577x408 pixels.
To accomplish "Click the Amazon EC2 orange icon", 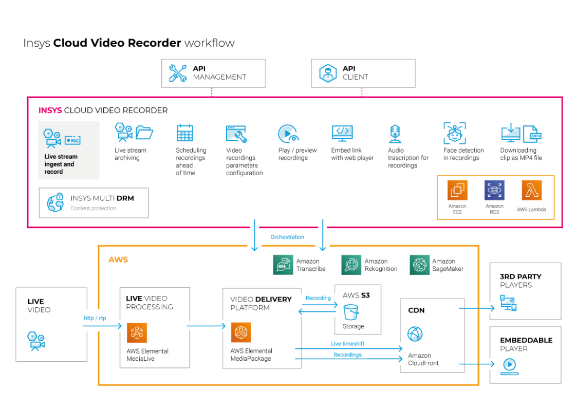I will click(457, 190).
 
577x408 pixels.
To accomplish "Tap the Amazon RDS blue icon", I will click(494, 190).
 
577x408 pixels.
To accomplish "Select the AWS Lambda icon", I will click(532, 190).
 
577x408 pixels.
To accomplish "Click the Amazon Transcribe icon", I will click(283, 265).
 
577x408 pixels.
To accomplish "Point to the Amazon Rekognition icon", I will click(351, 265).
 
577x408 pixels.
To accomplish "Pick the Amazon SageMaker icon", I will click(419, 265).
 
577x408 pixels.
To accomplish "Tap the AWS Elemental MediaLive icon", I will click(137, 333).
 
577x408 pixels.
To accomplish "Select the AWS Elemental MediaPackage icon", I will click(240, 333).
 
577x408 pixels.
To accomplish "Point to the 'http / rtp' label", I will click(96, 318).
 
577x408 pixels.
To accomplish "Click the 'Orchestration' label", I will click(287, 237).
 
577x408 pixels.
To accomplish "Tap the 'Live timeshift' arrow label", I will click(348, 343).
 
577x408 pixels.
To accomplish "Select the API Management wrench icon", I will click(178, 73).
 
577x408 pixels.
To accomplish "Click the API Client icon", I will click(328, 73).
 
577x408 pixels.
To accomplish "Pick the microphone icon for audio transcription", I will click(394, 134).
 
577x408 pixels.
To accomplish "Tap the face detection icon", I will click(454, 133).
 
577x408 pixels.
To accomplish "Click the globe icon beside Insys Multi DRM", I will click(54, 202).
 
